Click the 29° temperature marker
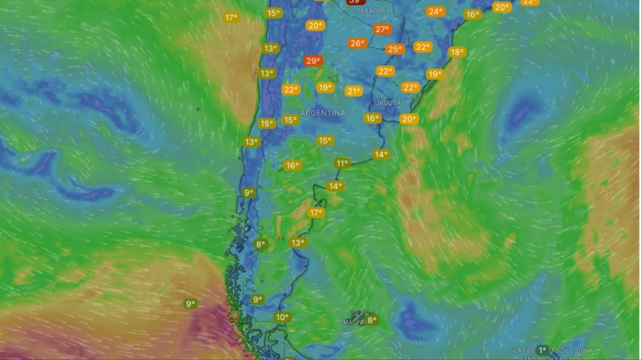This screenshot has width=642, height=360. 312,61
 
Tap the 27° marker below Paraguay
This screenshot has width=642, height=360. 382,29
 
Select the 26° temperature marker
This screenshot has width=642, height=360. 357,43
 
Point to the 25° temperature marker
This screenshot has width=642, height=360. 394,49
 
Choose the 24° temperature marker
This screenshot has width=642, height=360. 435,11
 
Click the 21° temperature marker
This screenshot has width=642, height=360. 354,91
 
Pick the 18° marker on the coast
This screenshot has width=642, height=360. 457,52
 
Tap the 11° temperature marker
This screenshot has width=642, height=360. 342,163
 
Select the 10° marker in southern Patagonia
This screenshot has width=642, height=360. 282,317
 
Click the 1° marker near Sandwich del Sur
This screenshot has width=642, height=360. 543,350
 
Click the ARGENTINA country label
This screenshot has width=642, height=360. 322,113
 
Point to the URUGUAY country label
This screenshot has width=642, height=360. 389,103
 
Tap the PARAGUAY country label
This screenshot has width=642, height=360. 372,11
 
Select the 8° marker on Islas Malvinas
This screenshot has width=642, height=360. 372,321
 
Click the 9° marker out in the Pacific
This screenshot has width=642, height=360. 190,304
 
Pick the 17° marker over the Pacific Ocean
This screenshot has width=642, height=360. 231,17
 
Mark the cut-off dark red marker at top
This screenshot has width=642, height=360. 354,2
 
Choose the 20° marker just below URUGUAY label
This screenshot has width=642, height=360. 409,119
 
